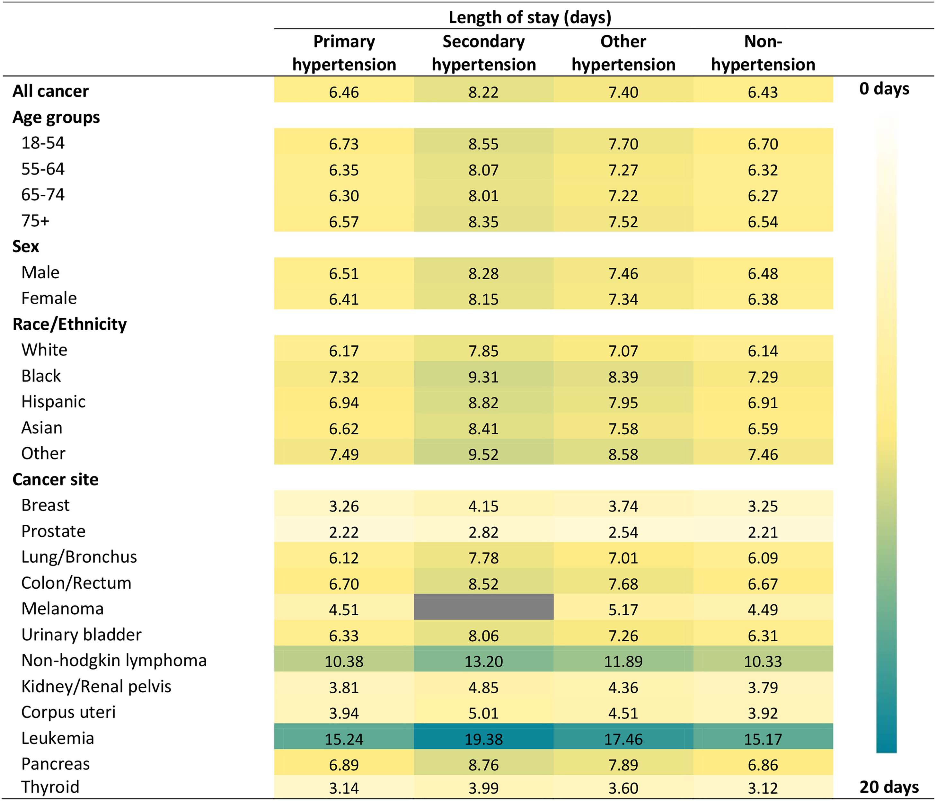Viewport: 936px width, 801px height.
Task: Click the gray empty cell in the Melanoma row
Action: [483, 607]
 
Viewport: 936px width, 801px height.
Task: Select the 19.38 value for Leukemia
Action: [483, 739]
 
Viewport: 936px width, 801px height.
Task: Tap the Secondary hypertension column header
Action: [483, 53]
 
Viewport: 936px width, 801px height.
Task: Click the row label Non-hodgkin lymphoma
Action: [114, 661]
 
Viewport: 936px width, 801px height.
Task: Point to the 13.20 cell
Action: [483, 662]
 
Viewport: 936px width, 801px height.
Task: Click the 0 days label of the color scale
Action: [884, 89]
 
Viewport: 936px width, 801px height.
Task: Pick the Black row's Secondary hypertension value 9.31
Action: [483, 377]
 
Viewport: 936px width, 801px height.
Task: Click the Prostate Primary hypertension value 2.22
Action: [344, 532]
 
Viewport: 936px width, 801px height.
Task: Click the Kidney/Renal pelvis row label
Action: [96, 687]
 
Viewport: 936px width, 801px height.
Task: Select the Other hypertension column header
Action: [623, 53]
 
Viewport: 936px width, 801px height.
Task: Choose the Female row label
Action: [49, 298]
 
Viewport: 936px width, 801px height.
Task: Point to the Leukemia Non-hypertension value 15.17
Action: [763, 739]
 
